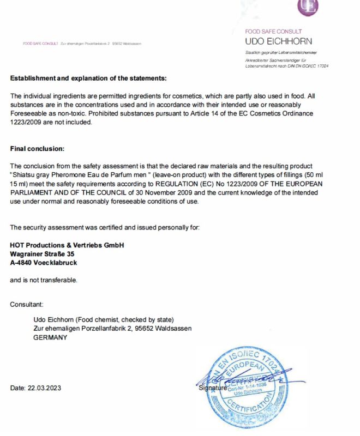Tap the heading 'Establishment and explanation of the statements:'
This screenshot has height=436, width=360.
pyautogui.click(x=88, y=78)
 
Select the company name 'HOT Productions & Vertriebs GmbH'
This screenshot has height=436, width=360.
pyautogui.click(x=67, y=245)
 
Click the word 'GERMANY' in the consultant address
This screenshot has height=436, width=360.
pyautogui.click(x=50, y=337)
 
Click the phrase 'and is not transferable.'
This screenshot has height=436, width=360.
pyautogui.click(x=44, y=280)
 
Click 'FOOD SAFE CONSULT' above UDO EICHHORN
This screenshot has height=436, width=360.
pyautogui.click(x=273, y=32)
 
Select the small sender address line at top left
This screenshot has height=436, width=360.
pyautogui.click(x=81, y=44)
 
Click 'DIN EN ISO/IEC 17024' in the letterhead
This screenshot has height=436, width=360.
pyautogui.click(x=308, y=66)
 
